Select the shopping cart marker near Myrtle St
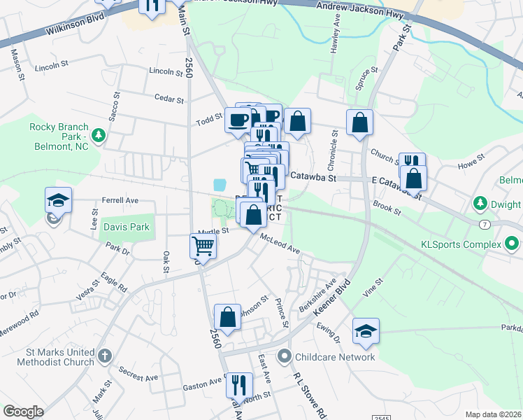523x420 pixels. [x=203, y=246]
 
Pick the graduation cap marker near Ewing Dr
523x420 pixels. [x=366, y=330]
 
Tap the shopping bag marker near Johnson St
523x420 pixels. [x=227, y=317]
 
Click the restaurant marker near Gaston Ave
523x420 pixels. [x=239, y=384]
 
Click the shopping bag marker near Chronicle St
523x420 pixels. [x=359, y=122]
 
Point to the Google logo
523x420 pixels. [x=23, y=412]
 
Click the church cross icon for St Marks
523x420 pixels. [x=104, y=356]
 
